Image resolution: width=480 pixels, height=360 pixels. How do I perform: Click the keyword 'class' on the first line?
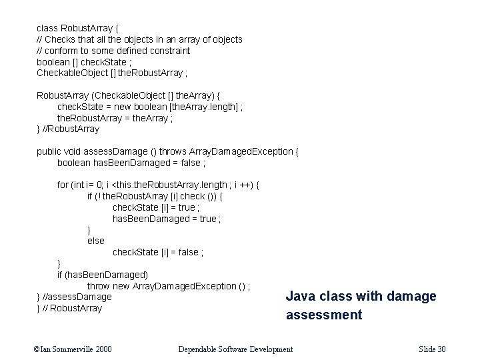coord(47,29)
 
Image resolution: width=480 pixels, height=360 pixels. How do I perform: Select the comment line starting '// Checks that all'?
coord(139,40)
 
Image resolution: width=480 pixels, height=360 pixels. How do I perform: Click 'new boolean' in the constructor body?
coord(146,107)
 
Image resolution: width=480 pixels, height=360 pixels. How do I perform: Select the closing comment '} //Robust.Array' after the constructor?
coord(68,129)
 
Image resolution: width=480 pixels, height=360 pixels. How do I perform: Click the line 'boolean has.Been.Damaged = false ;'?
coord(131,163)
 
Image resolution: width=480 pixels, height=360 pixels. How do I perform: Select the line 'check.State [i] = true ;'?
coord(156,207)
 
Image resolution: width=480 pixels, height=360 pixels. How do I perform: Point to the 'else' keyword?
coord(96,241)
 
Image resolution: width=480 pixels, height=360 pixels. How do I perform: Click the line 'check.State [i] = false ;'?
coord(158,252)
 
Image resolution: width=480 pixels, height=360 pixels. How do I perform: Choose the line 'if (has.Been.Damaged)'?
coord(103,274)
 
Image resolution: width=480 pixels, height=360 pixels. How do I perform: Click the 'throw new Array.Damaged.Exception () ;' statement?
coord(169,286)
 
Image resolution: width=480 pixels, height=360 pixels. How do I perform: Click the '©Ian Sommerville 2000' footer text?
coord(74,349)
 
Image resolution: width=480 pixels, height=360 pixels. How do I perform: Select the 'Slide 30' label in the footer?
coord(433,349)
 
